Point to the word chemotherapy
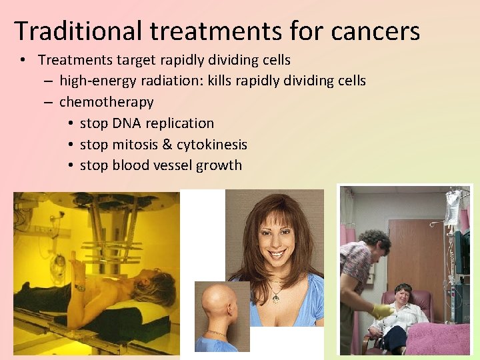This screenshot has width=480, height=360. coord(107,102)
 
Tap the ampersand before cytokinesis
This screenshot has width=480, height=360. coord(167,145)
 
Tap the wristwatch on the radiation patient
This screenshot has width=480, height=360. coord(80,288)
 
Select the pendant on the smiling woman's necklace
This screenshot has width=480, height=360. coord(275,296)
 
